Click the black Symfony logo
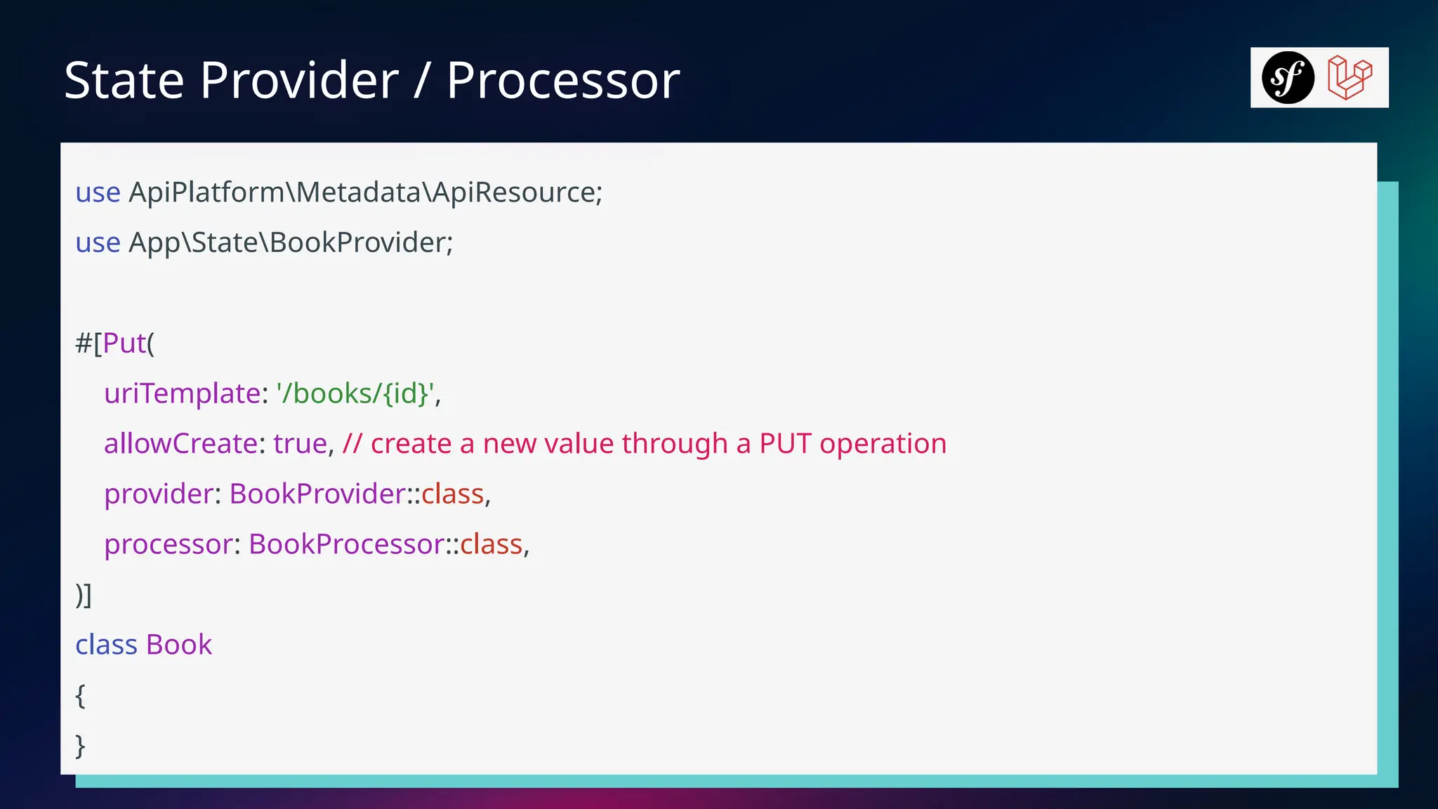coord(1288,77)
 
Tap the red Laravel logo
coord(1350,77)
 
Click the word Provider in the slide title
coord(300,80)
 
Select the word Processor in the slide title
coord(563,80)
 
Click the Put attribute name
coord(124,343)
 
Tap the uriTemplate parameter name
coord(183,393)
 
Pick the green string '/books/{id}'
coord(356,393)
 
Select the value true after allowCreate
coord(301,444)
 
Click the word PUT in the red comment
coord(785,444)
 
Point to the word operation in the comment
coord(883,444)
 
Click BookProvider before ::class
coord(317,494)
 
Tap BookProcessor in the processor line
coord(346,544)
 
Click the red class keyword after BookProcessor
coord(492,544)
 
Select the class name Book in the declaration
coord(179,645)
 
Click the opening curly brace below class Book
coord(80,695)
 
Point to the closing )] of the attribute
coord(84,595)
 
